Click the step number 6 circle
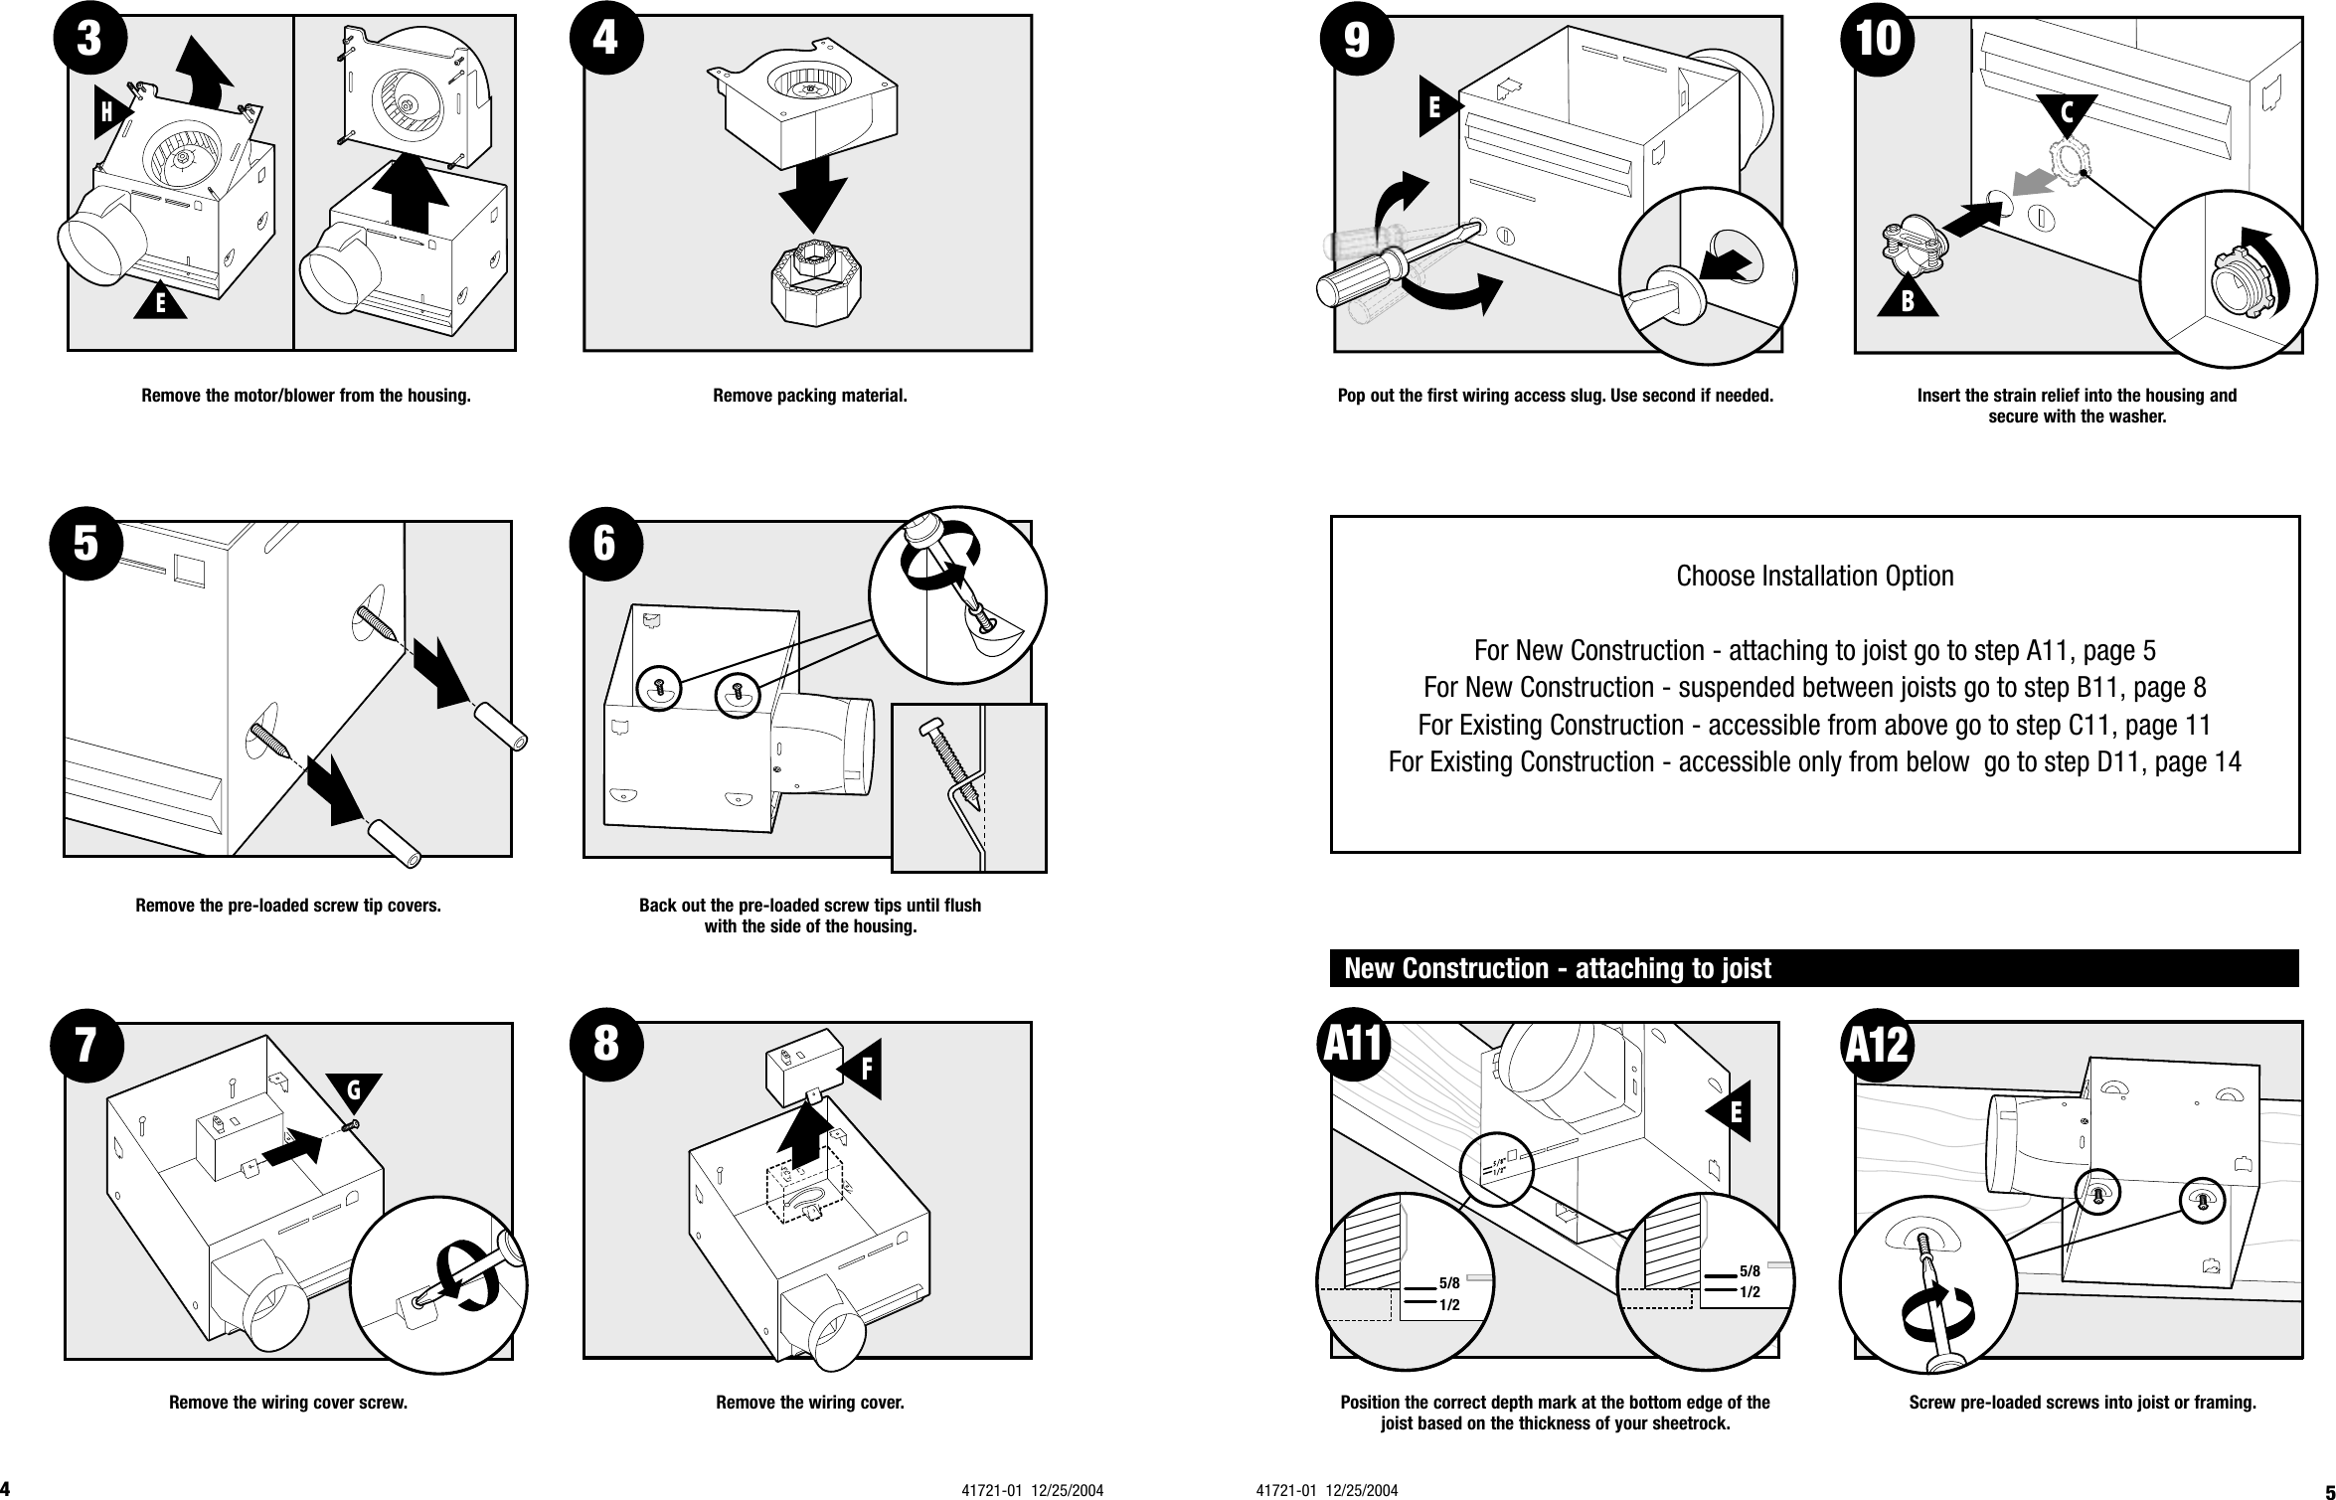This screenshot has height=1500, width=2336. coord(605,543)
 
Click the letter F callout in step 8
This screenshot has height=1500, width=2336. coord(863,1070)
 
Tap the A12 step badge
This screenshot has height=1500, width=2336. coord(1877,1045)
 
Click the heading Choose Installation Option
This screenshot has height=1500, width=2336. coord(1814,576)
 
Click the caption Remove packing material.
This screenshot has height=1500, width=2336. coord(809,396)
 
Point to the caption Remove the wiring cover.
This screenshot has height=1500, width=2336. coord(809,1403)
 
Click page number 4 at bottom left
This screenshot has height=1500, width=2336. coord(6,1488)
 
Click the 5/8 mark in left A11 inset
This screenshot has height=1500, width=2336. coord(1449,1283)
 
